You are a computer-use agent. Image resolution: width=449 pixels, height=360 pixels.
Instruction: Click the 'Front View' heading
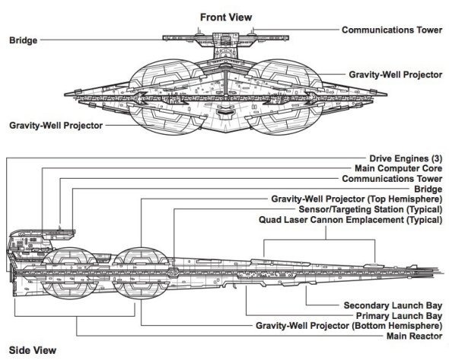pyautogui.click(x=226, y=18)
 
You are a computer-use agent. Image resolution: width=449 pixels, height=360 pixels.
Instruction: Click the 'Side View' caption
pyautogui.click(x=33, y=350)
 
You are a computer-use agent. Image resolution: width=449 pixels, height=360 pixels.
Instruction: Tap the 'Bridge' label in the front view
pyautogui.click(x=23, y=40)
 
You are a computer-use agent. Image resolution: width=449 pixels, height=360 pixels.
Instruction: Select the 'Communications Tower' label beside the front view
pyautogui.click(x=392, y=30)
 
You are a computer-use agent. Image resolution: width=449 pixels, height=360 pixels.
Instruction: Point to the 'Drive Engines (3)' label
pyautogui.click(x=406, y=158)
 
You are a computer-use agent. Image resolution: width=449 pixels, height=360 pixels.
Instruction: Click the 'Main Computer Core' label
pyautogui.click(x=398, y=168)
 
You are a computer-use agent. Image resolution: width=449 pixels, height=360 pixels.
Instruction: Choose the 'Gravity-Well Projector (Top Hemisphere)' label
pyautogui.click(x=357, y=199)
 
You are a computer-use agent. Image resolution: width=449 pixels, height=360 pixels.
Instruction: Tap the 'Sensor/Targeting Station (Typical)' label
pyautogui.click(x=371, y=209)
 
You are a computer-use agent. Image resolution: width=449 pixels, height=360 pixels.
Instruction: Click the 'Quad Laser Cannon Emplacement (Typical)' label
pyautogui.click(x=351, y=220)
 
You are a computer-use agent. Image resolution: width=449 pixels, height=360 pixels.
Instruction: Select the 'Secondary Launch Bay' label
pyautogui.click(x=393, y=306)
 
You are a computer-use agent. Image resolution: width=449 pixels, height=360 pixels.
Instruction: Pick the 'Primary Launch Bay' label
pyautogui.click(x=400, y=316)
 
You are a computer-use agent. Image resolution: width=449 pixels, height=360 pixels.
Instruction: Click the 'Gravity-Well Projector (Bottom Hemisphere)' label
pyautogui.click(x=349, y=326)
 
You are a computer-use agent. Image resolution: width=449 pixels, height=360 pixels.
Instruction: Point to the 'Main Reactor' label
pyautogui.click(x=414, y=336)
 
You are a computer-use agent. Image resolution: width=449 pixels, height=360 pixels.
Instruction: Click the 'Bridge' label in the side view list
pyautogui.click(x=428, y=189)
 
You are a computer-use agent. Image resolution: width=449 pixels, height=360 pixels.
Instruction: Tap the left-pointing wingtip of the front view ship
pyautogui.click(x=65, y=94)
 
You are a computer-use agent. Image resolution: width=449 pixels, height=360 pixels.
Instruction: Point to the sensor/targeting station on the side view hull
pyautogui.click(x=173, y=272)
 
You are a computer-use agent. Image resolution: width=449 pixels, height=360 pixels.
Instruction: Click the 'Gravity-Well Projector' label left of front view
pyautogui.click(x=56, y=126)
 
